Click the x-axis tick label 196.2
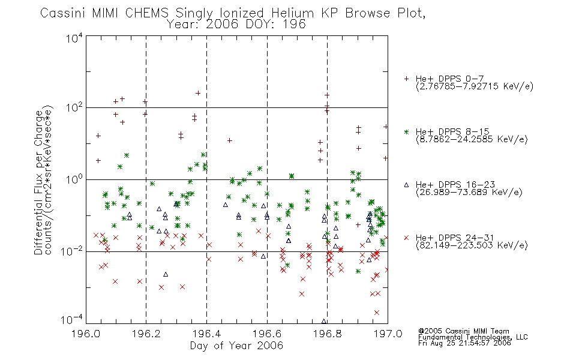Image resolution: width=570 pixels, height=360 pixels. coord(146,334)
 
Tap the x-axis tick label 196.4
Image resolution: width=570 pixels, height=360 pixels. coord(207,334)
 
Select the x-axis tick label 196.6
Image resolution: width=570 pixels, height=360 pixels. coord(267,334)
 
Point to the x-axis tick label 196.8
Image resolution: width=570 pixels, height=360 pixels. coord(328,334)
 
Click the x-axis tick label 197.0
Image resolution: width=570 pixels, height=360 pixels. coord(388,334)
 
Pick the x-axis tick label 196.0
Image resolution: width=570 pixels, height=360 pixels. coord(86,334)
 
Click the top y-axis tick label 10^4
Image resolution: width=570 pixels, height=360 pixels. coord(74,38)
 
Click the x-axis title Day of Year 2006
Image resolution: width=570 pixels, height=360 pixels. coord(236,346)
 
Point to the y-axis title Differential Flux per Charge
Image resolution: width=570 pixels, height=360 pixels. coord(38,182)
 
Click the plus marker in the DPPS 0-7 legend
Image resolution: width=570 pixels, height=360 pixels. coord(406,79)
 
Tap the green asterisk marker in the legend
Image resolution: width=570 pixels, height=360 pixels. coord(406,131)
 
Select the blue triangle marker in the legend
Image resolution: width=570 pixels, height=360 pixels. coord(406,185)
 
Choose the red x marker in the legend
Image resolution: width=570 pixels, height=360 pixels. coord(406,238)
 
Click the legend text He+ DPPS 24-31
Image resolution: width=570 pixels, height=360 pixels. coord(455,238)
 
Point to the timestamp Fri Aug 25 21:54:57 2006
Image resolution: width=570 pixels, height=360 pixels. coord(464,343)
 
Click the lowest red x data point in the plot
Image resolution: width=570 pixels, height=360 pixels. coord(377,313)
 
